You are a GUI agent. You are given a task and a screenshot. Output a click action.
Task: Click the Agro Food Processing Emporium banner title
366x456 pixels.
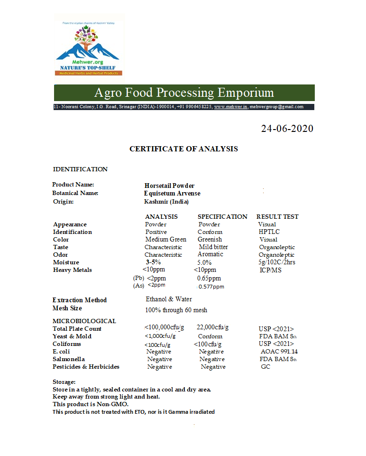[184, 92]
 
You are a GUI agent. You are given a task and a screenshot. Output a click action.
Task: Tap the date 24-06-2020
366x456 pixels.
[287, 129]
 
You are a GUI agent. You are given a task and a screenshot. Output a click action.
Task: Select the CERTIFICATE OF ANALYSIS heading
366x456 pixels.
[183, 149]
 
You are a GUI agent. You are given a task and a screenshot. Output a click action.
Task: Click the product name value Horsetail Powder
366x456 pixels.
[169, 186]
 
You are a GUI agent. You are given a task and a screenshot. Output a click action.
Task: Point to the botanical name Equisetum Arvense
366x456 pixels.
[172, 193]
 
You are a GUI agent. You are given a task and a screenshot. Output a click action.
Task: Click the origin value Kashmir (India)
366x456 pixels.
[166, 202]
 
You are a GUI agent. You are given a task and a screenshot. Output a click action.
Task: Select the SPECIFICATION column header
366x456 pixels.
[222, 216]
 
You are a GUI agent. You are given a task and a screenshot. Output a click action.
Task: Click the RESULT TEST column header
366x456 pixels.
[277, 216]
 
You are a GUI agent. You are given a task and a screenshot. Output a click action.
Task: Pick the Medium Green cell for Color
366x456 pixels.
[165, 240]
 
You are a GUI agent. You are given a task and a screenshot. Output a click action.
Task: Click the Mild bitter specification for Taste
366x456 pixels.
[213, 247]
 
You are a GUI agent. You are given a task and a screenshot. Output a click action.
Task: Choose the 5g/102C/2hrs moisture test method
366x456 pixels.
[277, 262]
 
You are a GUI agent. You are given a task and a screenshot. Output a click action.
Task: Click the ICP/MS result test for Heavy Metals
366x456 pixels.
[270, 270]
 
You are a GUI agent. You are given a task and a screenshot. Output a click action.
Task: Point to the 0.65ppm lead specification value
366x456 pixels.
[209, 279]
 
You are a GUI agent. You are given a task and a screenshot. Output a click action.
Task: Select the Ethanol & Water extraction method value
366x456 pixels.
[169, 299]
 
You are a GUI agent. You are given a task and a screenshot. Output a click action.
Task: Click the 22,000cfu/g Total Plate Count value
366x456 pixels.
[212, 327]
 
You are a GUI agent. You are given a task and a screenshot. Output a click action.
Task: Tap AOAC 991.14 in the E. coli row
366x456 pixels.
[279, 352]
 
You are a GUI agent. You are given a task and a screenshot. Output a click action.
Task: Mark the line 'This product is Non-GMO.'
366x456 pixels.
[90, 404]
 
